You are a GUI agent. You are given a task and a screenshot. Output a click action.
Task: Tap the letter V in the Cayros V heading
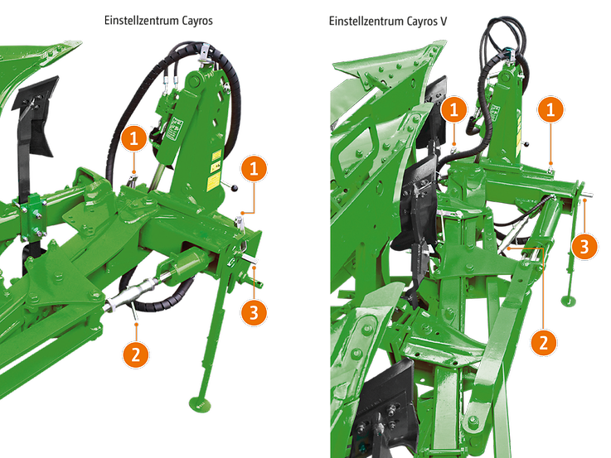443,21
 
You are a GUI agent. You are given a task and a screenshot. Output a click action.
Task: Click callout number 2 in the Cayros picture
135,354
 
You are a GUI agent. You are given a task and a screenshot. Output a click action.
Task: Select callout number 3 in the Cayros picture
254,312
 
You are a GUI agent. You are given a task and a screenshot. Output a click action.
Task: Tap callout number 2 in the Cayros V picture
544,343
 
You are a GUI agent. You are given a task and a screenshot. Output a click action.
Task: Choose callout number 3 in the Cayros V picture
584,246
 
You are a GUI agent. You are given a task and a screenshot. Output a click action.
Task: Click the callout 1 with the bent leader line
254,169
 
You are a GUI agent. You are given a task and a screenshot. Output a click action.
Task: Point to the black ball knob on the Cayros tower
235,188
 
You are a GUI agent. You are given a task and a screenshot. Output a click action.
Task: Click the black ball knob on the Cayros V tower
526,144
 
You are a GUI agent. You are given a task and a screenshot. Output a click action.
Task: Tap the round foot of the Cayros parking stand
200,404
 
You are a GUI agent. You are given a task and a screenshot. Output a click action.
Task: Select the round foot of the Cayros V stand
569,301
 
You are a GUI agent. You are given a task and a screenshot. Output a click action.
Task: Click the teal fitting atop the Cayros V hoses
507,50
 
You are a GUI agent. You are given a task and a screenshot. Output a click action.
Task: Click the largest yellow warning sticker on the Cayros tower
213,181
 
